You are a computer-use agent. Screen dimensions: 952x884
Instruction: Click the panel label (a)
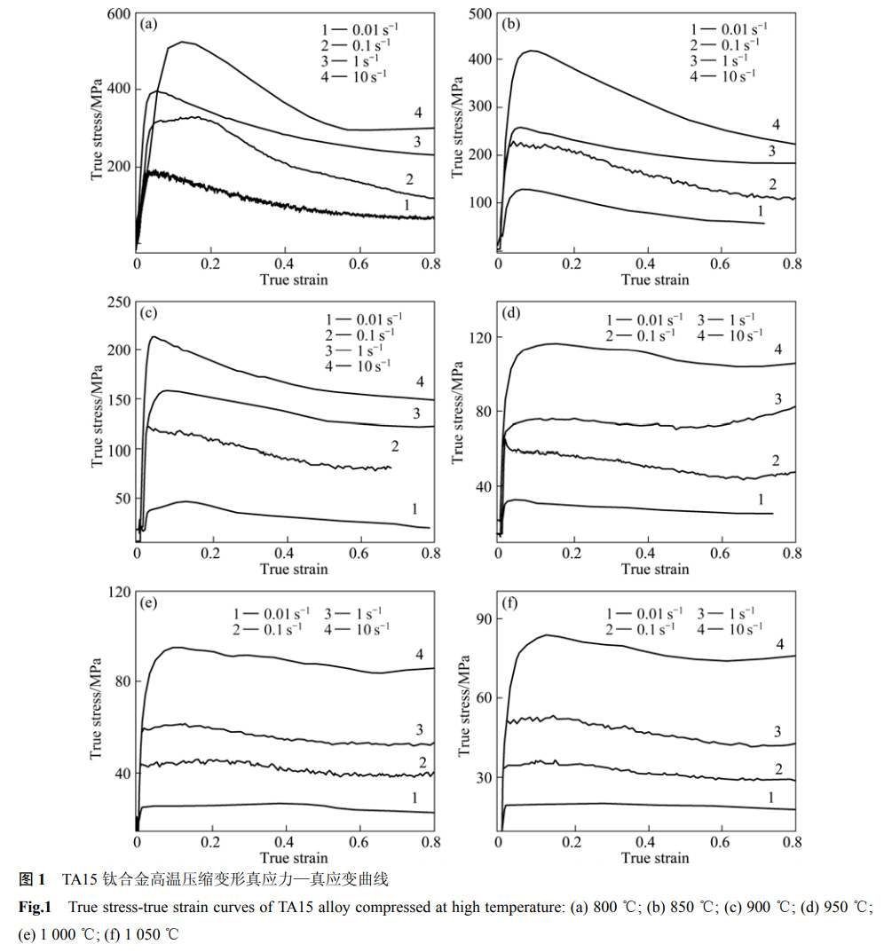click(x=150, y=24)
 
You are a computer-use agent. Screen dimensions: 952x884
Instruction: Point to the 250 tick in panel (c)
click(x=119, y=302)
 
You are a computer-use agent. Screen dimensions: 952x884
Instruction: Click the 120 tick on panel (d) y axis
click(x=481, y=338)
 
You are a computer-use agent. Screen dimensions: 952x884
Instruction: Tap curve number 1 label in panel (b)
click(x=760, y=211)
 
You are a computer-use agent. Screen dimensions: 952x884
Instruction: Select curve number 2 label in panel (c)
click(x=395, y=445)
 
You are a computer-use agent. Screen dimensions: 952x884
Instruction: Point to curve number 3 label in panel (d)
click(x=777, y=400)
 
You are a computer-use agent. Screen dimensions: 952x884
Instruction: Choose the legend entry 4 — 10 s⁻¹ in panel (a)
click(x=359, y=77)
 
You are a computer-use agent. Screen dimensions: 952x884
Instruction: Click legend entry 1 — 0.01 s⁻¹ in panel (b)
click(x=728, y=28)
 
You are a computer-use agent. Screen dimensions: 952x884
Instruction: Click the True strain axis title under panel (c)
click(x=293, y=569)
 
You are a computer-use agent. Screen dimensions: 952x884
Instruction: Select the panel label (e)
click(x=150, y=603)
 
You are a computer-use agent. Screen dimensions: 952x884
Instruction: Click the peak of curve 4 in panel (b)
click(x=531, y=51)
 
